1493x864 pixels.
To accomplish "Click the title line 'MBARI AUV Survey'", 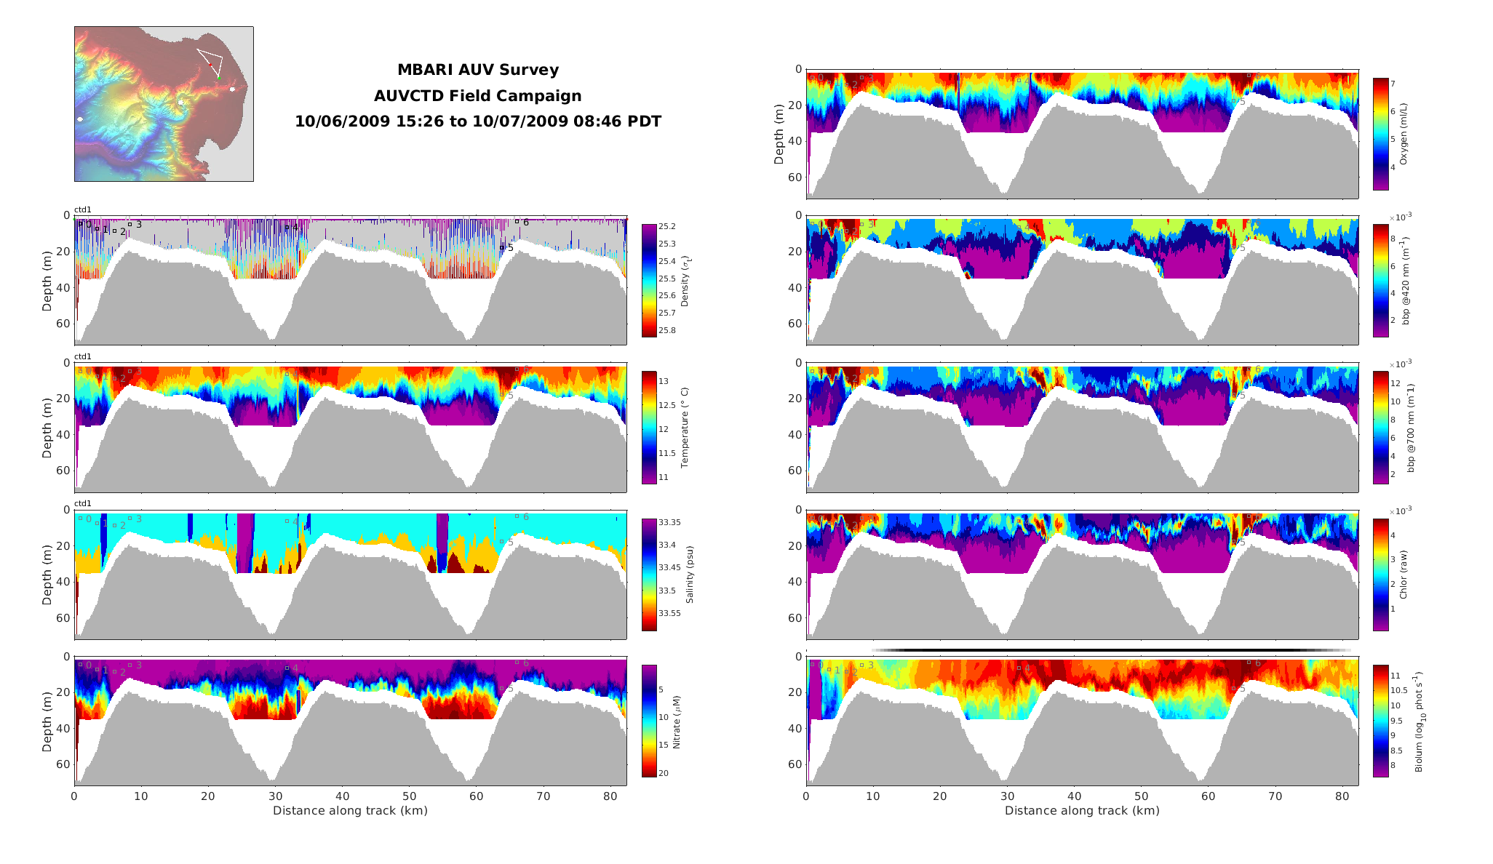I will [x=477, y=70].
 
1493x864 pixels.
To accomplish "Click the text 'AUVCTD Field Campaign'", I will [x=477, y=96].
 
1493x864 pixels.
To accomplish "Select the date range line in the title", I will [x=477, y=121].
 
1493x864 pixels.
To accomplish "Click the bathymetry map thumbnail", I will [x=164, y=104].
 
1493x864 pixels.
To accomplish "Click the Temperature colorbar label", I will [x=684, y=428].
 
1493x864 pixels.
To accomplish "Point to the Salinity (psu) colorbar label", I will [x=689, y=575].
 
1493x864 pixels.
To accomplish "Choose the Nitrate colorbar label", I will [x=677, y=722].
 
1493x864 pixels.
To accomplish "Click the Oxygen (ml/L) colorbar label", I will [x=1404, y=134].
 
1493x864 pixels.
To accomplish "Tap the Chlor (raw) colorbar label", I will [x=1404, y=575].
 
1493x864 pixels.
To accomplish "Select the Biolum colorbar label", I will [x=1418, y=722].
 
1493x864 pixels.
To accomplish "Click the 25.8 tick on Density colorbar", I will [x=666, y=331].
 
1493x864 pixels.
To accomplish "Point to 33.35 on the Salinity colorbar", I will [x=669, y=523].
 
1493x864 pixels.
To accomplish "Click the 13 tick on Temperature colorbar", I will [x=664, y=381].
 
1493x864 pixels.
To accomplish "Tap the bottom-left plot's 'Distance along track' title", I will [x=350, y=811].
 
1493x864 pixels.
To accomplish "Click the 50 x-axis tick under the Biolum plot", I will [x=1141, y=796].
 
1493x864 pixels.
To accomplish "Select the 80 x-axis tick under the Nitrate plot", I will [x=610, y=796].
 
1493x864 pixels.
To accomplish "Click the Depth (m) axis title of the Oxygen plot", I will [x=779, y=134].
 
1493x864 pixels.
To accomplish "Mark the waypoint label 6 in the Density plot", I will [x=526, y=223].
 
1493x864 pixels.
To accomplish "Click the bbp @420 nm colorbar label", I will [x=1406, y=280].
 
